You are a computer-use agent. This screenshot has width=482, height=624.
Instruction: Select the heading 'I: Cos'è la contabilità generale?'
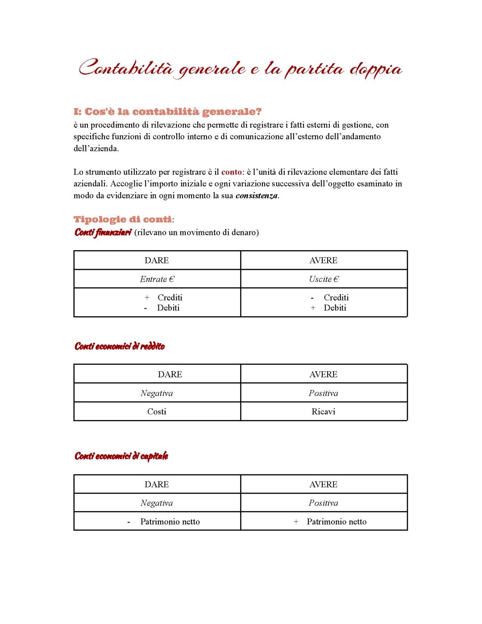pyautogui.click(x=167, y=111)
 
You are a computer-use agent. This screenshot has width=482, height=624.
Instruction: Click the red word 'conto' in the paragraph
pyautogui.click(x=231, y=172)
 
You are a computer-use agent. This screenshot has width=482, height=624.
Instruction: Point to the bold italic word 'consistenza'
pyautogui.click(x=257, y=196)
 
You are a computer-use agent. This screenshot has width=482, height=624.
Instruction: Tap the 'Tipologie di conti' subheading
pyautogui.click(x=122, y=219)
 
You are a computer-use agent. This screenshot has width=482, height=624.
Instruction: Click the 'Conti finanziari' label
pyautogui.click(x=103, y=232)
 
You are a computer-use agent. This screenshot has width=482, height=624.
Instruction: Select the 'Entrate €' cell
pyautogui.click(x=157, y=279)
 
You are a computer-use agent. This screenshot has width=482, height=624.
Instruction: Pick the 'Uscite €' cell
pyautogui.click(x=324, y=279)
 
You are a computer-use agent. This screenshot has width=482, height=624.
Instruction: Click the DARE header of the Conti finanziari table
pyautogui.click(x=157, y=260)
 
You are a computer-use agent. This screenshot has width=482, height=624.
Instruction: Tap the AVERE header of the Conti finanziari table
pyautogui.click(x=324, y=260)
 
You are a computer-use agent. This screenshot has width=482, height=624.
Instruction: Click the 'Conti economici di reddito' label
pyautogui.click(x=120, y=346)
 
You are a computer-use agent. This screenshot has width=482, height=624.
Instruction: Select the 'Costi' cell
pyautogui.click(x=157, y=412)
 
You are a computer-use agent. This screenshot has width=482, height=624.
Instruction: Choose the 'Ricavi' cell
pyautogui.click(x=324, y=412)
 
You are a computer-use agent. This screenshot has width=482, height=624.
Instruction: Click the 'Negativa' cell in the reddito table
pyautogui.click(x=157, y=393)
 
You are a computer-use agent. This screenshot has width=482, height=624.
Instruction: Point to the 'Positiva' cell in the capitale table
pyautogui.click(x=324, y=503)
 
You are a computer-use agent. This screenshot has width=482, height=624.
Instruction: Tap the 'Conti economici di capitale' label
pyautogui.click(x=121, y=456)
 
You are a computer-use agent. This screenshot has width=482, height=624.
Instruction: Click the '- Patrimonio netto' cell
pyautogui.click(x=164, y=522)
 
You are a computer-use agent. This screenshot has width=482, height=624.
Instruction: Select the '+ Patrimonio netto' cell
pyautogui.click(x=330, y=522)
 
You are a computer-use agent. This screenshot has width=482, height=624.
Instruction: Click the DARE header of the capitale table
pyautogui.click(x=157, y=484)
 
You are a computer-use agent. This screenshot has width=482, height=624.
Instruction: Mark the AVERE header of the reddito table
pyautogui.click(x=324, y=374)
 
